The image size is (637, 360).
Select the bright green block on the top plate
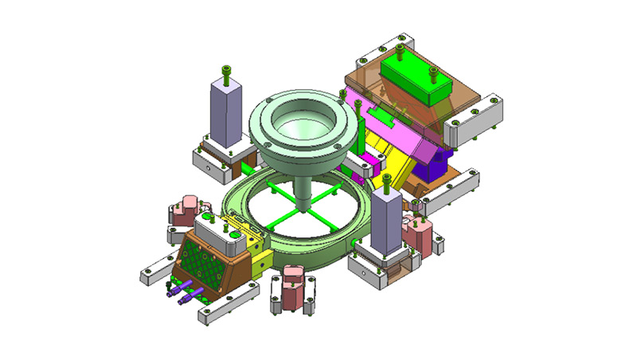(413, 80)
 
